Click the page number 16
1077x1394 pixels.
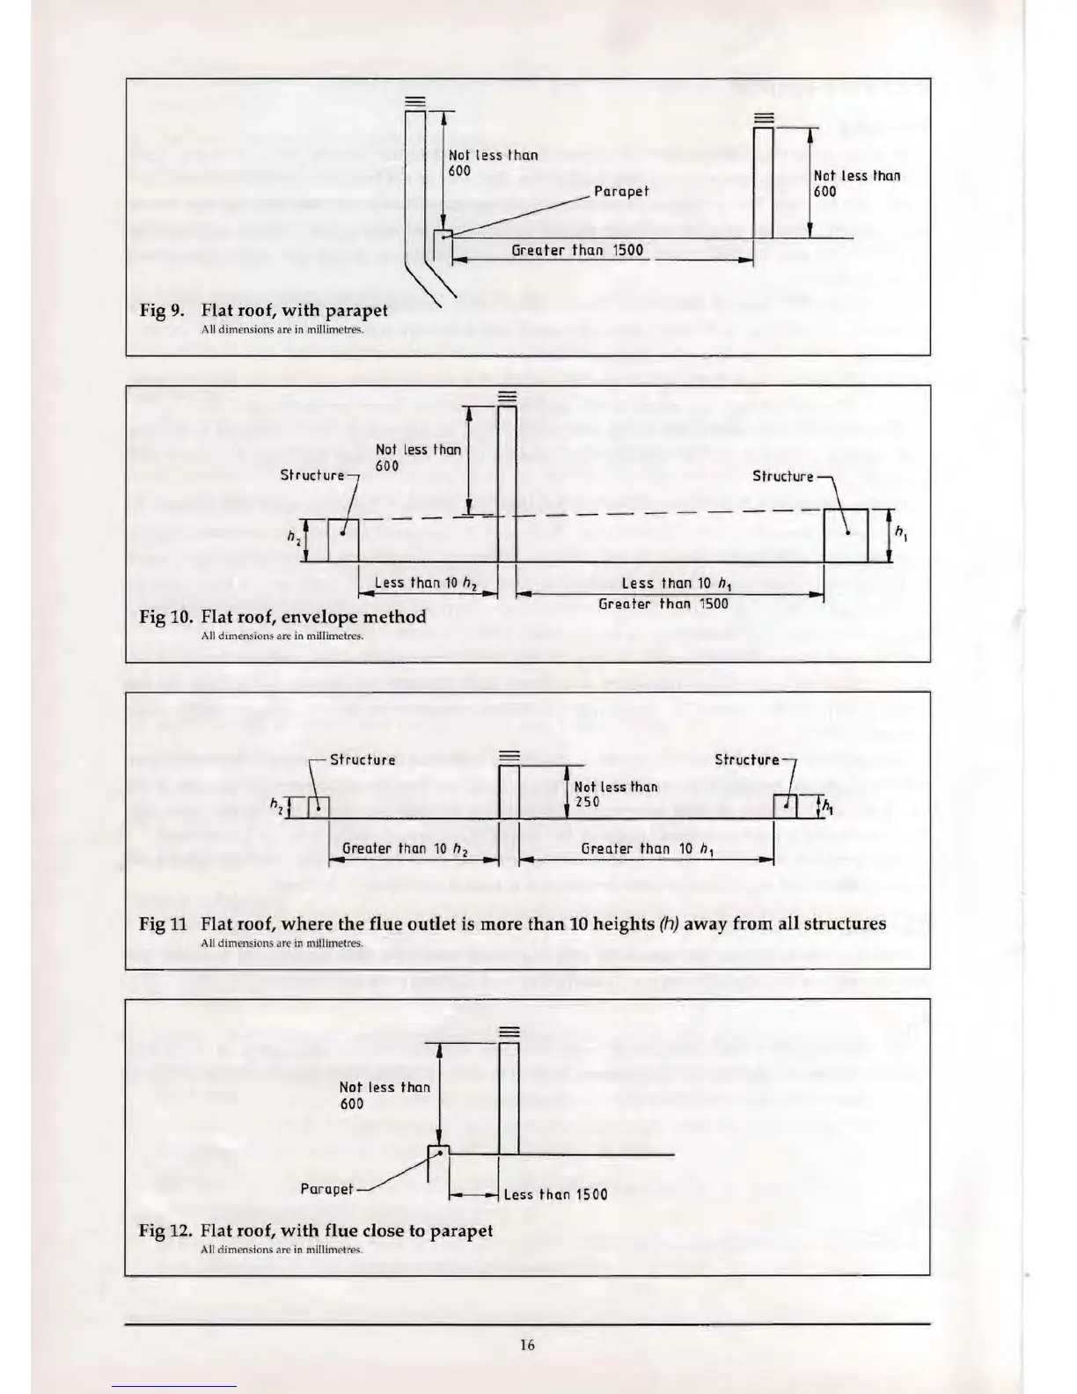click(x=527, y=1344)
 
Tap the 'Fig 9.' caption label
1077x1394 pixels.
click(x=161, y=311)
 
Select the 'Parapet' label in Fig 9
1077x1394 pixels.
click(x=621, y=191)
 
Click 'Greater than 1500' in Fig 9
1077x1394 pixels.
click(x=577, y=250)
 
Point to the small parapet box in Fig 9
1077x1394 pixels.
click(x=443, y=235)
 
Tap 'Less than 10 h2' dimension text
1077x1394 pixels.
click(x=423, y=583)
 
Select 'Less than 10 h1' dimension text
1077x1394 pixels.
click(x=664, y=583)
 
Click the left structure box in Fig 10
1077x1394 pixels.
click(x=342, y=540)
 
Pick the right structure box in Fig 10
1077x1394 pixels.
click(x=846, y=535)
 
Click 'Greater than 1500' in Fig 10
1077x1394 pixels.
click(x=663, y=604)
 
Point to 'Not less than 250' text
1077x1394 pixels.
click(x=615, y=794)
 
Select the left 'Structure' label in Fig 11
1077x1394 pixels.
click(x=363, y=759)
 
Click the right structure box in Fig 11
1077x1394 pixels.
click(x=785, y=806)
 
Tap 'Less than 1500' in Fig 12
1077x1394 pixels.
click(x=555, y=1194)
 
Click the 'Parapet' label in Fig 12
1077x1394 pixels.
click(x=326, y=1189)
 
